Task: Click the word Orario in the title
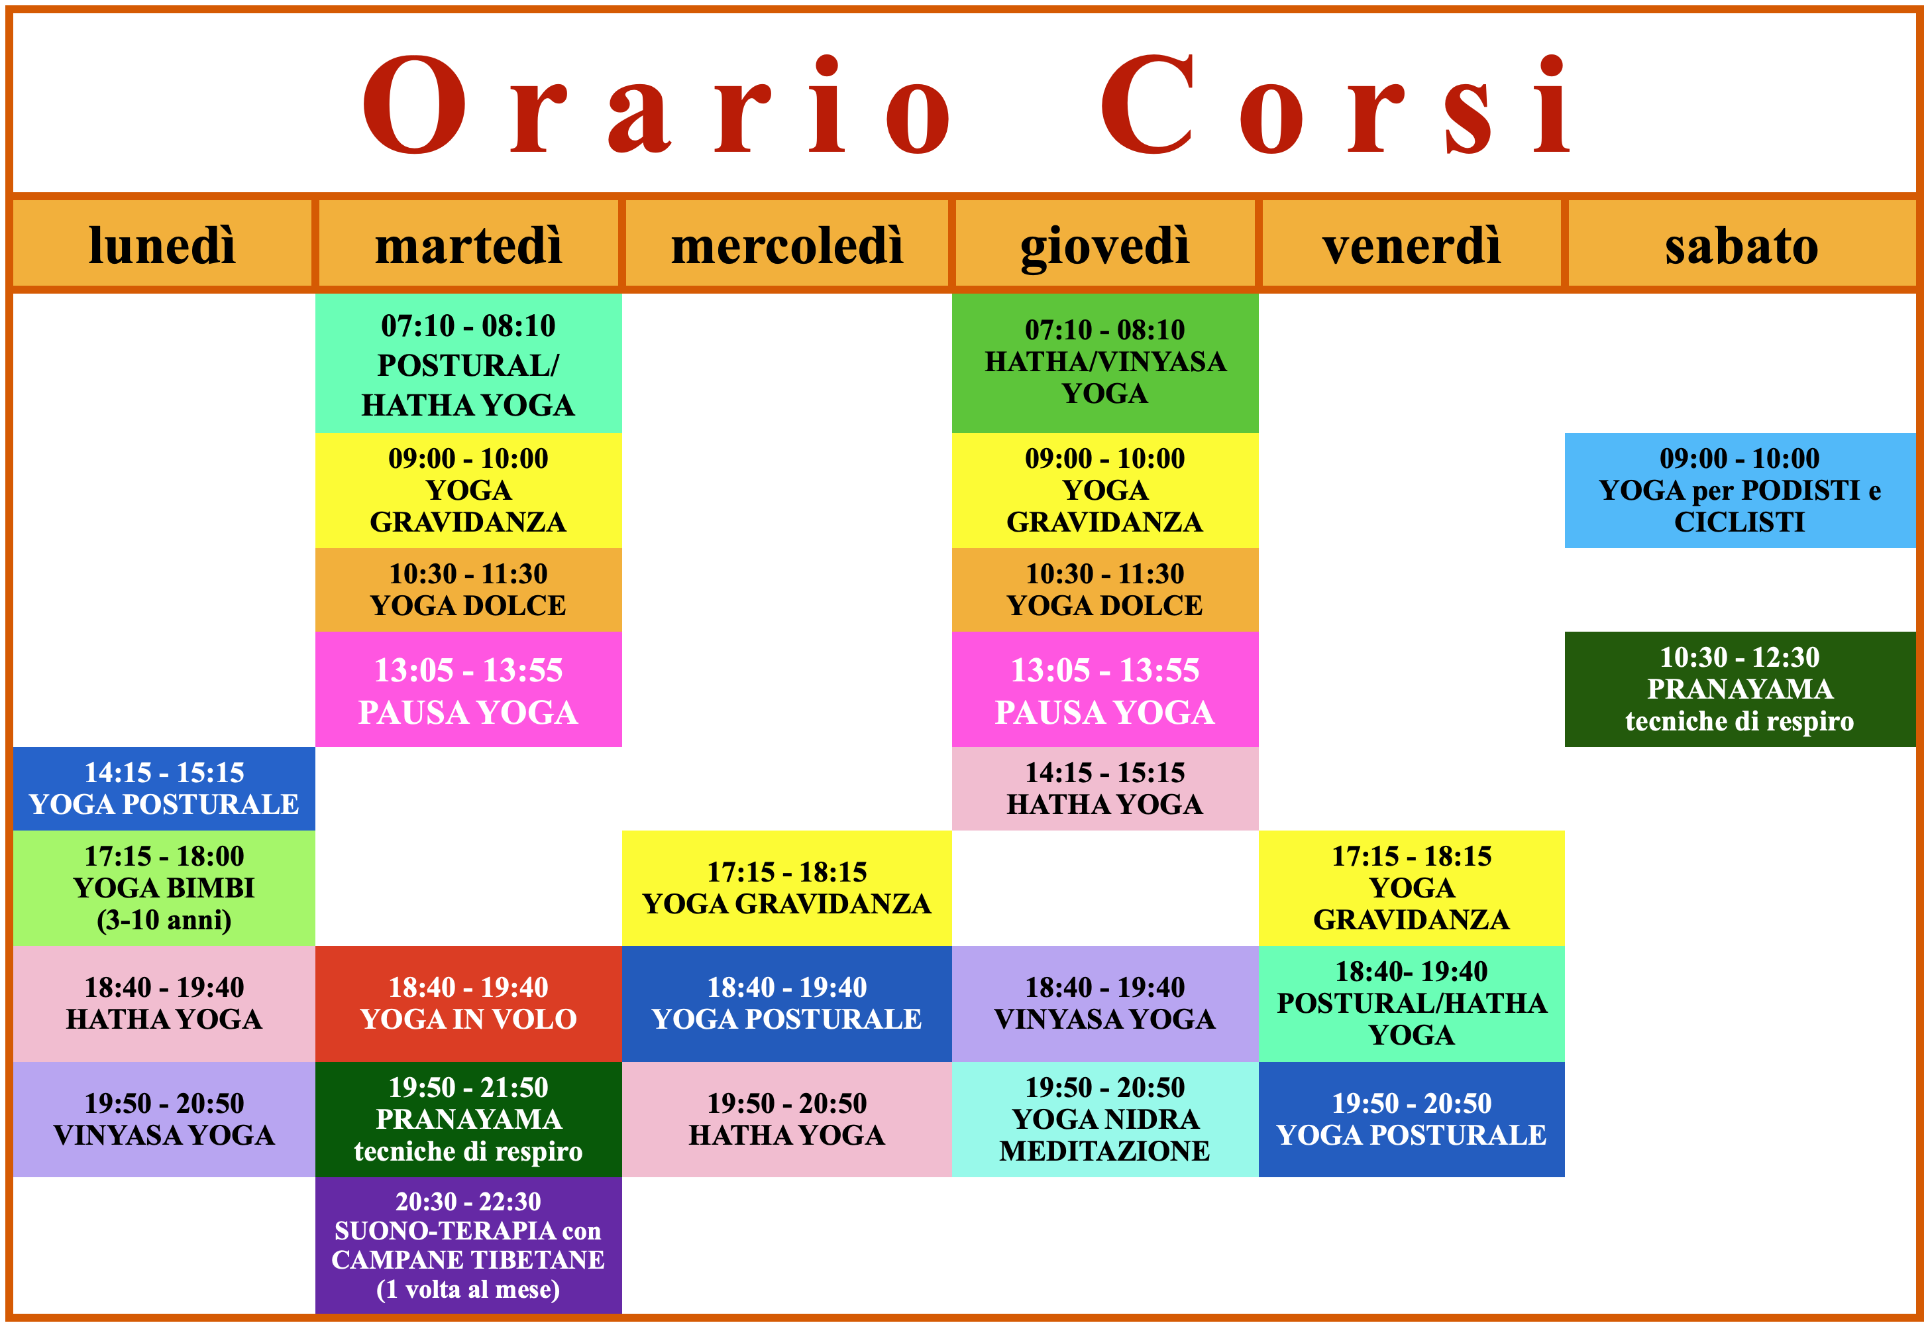[x=657, y=105]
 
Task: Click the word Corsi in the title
[x=1334, y=105]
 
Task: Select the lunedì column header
[x=163, y=245]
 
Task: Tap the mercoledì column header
[x=786, y=245]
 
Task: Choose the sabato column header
[x=1741, y=245]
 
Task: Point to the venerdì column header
[x=1411, y=245]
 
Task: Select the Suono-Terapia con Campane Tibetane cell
[x=468, y=1245]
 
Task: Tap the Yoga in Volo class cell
[x=468, y=1003]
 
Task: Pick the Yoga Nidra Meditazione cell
[x=1104, y=1118]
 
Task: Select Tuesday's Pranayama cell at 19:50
[x=468, y=1118]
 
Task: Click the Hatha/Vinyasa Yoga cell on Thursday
[x=1104, y=363]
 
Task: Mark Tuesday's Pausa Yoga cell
[x=468, y=689]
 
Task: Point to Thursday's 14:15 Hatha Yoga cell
[x=1104, y=788]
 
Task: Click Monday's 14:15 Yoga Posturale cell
[x=164, y=788]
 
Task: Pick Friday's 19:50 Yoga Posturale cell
[x=1411, y=1118]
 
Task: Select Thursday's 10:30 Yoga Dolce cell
[x=1104, y=589]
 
